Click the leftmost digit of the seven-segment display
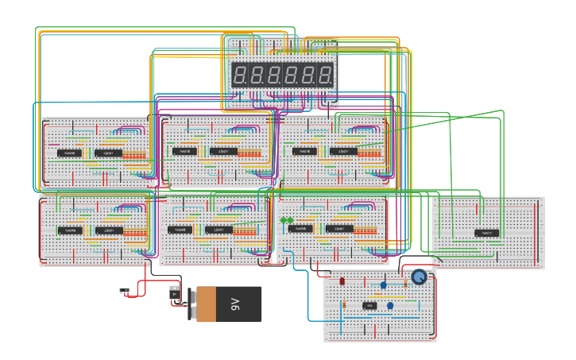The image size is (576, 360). [x=238, y=75]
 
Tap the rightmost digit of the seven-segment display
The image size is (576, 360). [x=327, y=75]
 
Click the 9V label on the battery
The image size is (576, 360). [x=235, y=304]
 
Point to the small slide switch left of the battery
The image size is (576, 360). [x=124, y=292]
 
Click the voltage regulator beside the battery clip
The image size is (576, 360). [x=175, y=295]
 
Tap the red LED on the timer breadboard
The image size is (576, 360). [x=342, y=281]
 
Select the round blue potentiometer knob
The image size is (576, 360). [x=419, y=277]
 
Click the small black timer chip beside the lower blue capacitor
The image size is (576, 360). [x=369, y=306]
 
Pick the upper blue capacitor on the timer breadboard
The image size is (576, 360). [x=383, y=285]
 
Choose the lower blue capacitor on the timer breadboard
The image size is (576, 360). [x=390, y=305]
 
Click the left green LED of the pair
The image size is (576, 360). [x=283, y=220]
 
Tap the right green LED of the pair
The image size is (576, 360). [x=290, y=220]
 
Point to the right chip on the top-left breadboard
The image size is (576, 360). [x=109, y=153]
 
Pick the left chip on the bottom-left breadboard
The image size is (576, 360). [x=69, y=230]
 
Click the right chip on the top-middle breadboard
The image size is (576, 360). [x=224, y=151]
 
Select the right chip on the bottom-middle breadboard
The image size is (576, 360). [x=220, y=230]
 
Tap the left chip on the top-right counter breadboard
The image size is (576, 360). [x=304, y=151]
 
